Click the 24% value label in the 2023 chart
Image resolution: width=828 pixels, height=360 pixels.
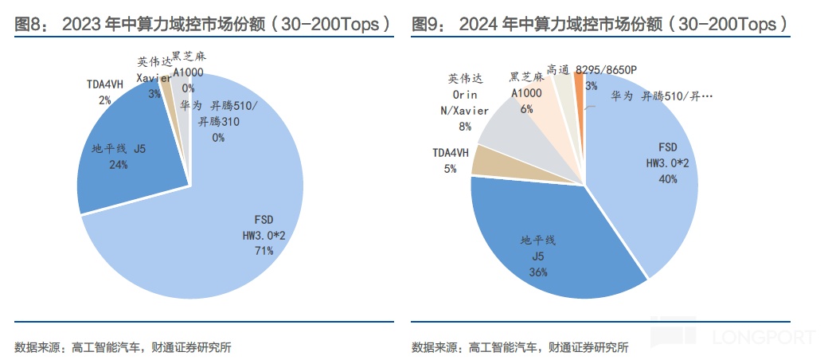119,165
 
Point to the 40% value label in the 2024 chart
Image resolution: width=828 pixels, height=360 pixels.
667,179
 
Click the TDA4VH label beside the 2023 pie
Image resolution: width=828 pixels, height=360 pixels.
104,84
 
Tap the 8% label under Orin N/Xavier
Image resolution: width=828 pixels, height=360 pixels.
464,126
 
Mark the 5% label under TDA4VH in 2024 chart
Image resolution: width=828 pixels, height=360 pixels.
450,170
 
